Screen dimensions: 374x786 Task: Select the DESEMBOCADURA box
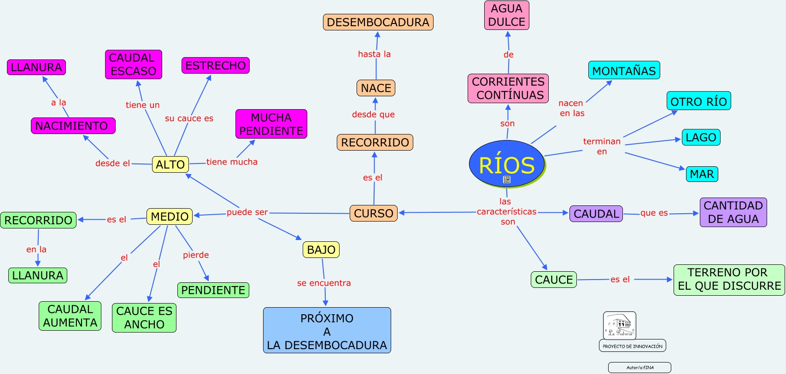pyautogui.click(x=378, y=22)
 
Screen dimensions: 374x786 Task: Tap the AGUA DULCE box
pyautogui.click(x=506, y=15)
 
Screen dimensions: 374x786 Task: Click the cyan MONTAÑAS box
pyautogui.click(x=624, y=70)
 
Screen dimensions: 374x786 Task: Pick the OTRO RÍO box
pyautogui.click(x=698, y=101)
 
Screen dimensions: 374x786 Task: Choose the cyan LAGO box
pyautogui.click(x=701, y=137)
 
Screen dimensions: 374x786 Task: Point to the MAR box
pyautogui.click(x=702, y=174)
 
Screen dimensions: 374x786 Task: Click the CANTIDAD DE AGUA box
pyautogui.click(x=733, y=212)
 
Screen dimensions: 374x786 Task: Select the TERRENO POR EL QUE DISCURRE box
pyautogui.click(x=729, y=280)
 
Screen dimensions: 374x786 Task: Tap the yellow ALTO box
pyautogui.click(x=170, y=164)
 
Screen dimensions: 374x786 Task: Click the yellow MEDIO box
pyautogui.click(x=170, y=216)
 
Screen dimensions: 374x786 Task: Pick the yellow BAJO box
pyautogui.click(x=321, y=250)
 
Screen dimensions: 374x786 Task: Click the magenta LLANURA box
pyautogui.click(x=36, y=67)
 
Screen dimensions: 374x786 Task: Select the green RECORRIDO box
pyautogui.click(x=38, y=220)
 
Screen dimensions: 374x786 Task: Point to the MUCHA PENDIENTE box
pyautogui.click(x=271, y=124)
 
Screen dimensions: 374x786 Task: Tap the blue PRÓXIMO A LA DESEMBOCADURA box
pyautogui.click(x=327, y=331)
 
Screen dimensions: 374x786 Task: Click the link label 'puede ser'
pyautogui.click(x=247, y=212)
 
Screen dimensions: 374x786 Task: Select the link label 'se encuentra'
pyautogui.click(x=324, y=283)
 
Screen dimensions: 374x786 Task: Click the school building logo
pyautogui.click(x=619, y=325)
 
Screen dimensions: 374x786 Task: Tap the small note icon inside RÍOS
pyautogui.click(x=507, y=180)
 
